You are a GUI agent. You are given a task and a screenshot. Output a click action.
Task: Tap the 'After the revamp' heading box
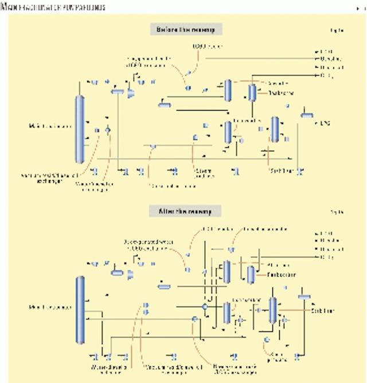[185, 211]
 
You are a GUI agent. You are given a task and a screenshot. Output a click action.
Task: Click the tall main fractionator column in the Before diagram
[79, 129]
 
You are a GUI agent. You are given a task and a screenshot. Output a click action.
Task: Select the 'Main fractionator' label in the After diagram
[51, 308]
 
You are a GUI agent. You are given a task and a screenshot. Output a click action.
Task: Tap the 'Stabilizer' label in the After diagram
[321, 311]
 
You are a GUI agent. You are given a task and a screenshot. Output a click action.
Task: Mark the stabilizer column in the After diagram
[273, 310]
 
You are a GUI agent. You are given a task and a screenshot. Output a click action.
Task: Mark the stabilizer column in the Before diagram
[275, 129]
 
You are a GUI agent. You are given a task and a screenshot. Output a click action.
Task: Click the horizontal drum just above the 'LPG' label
[307, 115]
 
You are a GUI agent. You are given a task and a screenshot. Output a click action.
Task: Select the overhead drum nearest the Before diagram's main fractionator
[118, 91]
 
